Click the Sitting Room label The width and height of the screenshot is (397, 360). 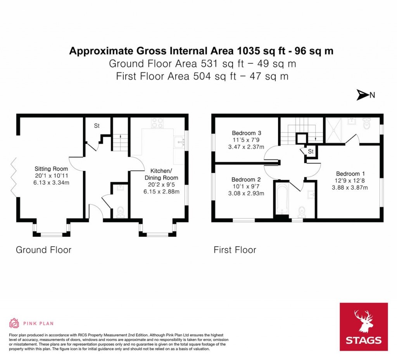(51, 169)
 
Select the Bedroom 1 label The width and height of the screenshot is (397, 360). (350, 174)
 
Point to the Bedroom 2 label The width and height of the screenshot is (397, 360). (246, 180)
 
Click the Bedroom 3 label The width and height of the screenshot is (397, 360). (246, 132)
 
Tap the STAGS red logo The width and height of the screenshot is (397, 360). (364, 327)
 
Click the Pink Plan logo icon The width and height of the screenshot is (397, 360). (14, 323)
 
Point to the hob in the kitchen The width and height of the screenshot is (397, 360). (157, 123)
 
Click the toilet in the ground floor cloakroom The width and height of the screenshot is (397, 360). (120, 212)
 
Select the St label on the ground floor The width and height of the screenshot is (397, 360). (97, 126)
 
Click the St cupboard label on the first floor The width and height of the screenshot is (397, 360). (311, 151)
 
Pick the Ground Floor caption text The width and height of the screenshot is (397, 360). (43, 249)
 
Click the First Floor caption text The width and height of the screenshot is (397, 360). (235, 250)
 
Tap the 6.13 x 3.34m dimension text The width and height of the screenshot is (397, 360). (51, 183)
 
